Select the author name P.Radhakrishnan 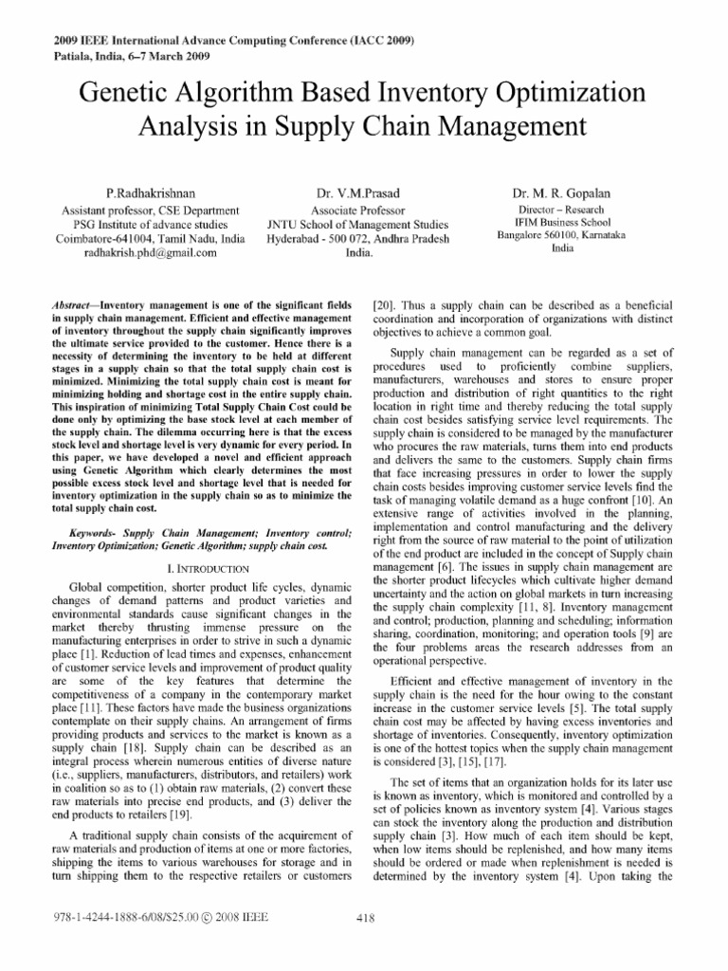pos(151,192)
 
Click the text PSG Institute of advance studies pos(151,224)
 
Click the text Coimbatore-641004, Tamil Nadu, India pos(151,238)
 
